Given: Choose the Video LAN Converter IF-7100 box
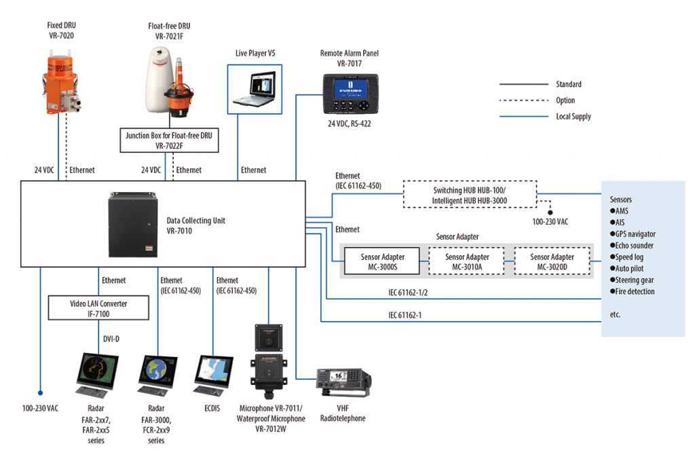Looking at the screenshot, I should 98,309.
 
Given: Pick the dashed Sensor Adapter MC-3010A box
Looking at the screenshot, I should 467,262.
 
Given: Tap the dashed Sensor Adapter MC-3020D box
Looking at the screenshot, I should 552,262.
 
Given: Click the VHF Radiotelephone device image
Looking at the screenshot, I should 343,385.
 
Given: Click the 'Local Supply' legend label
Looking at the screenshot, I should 574,117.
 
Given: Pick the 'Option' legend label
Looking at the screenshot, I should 565,100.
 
